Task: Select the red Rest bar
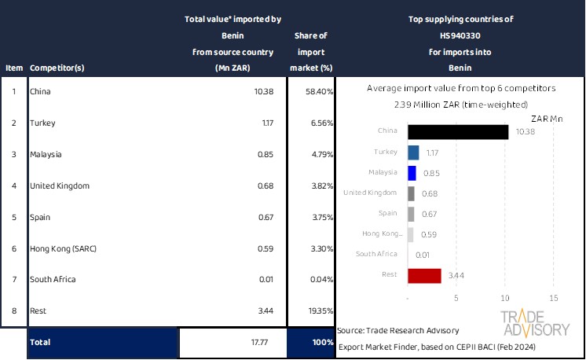[x=424, y=275]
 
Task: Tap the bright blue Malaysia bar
[x=412, y=173]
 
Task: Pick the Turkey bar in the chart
[x=414, y=152]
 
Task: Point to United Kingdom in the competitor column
[x=59, y=186]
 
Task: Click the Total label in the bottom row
[x=41, y=343]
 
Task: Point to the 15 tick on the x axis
[x=553, y=299]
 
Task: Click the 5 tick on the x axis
[x=456, y=299]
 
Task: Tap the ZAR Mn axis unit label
[x=547, y=118]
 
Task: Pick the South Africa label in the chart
[x=380, y=255]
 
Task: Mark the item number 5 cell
[x=13, y=217]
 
